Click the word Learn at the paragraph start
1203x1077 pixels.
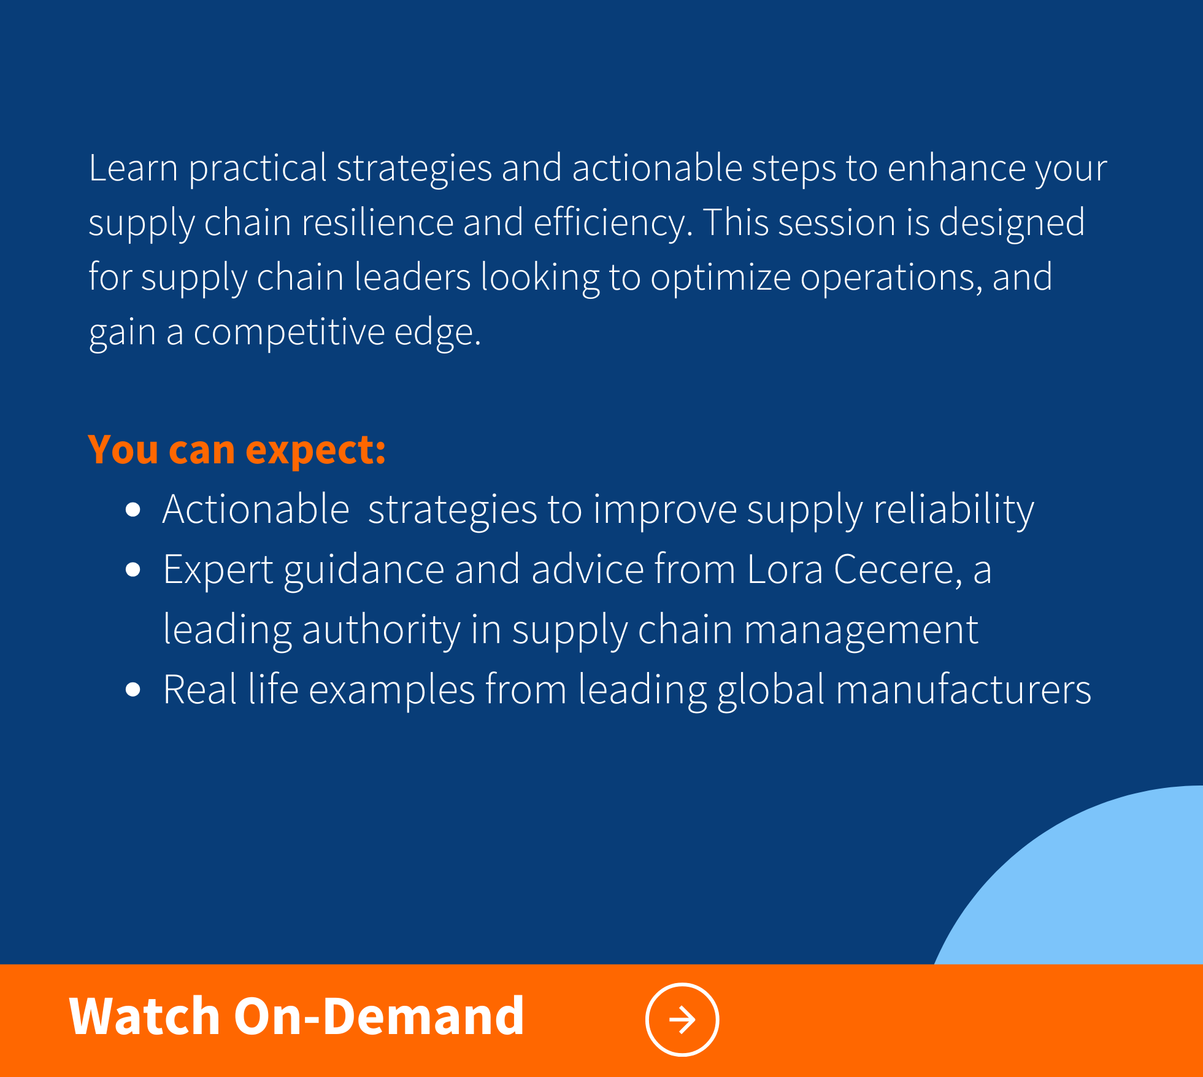click(133, 168)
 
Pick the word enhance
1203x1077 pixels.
click(956, 168)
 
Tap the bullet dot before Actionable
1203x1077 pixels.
click(133, 510)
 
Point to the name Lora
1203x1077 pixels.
click(785, 569)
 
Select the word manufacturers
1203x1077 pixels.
click(963, 690)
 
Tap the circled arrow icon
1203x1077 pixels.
click(682, 1020)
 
